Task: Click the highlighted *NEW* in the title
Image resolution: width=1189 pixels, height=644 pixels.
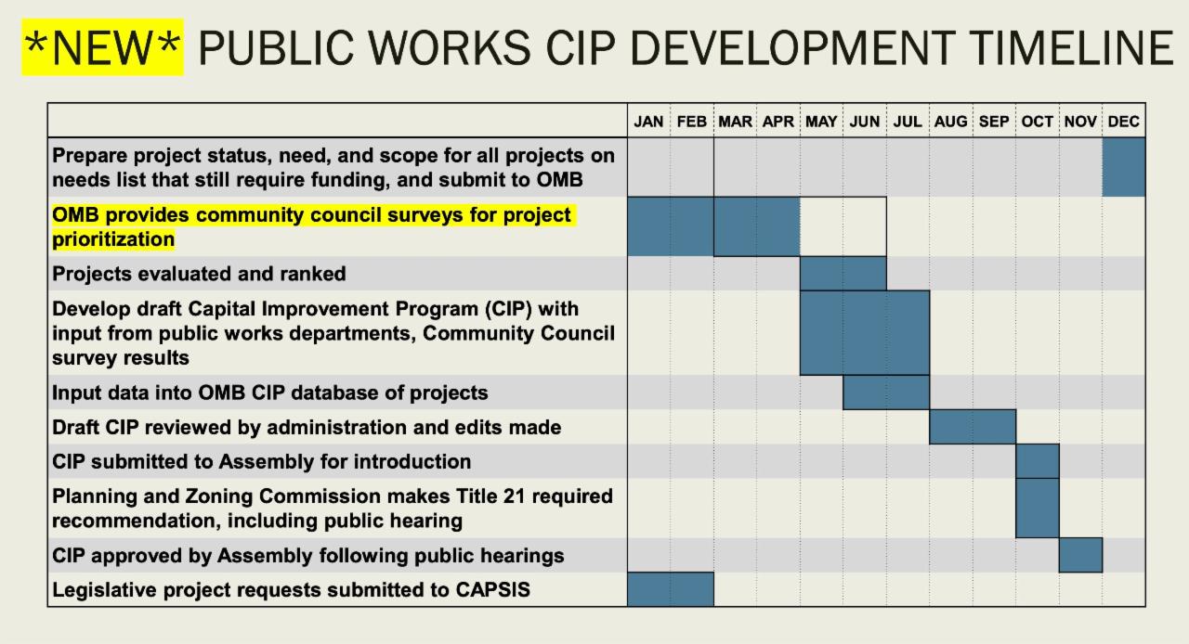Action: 102,47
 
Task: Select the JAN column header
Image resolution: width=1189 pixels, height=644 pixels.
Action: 648,122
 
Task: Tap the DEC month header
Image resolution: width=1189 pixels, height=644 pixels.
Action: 1124,122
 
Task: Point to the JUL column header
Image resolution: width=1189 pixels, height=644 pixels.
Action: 908,122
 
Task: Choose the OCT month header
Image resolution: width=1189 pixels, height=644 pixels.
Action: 1038,122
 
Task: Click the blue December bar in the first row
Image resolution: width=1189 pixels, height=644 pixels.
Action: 1124,167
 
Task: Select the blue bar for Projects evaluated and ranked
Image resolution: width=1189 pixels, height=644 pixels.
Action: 843,274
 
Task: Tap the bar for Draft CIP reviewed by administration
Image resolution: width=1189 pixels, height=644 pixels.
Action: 973,427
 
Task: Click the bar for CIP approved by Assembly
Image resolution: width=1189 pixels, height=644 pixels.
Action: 1080,556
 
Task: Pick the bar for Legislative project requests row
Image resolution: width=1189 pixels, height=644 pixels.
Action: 671,589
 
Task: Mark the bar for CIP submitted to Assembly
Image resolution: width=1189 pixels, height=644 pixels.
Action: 1038,461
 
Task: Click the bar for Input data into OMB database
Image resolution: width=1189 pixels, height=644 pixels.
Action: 886,393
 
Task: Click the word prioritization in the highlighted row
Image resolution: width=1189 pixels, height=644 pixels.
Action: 113,239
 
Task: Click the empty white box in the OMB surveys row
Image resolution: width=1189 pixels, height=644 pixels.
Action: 843,226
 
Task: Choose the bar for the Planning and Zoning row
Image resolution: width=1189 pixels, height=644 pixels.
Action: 1038,509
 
